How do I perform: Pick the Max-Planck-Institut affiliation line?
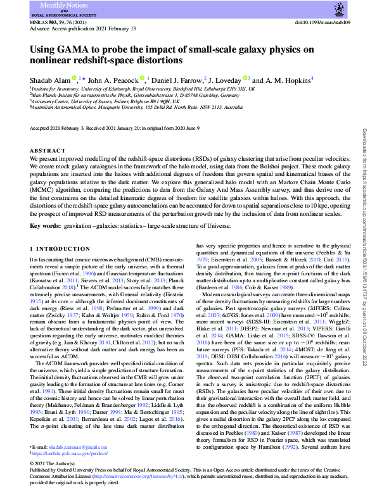[x=143, y=96]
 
